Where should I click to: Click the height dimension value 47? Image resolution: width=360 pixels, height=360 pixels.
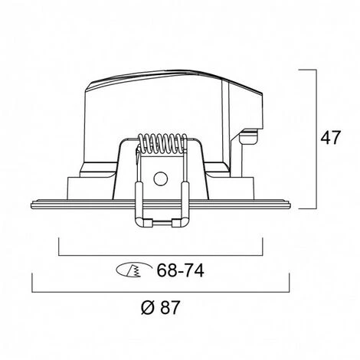(331, 138)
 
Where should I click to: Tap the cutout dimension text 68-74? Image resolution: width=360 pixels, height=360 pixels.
(180, 270)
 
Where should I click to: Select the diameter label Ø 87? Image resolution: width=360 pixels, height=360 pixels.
(161, 307)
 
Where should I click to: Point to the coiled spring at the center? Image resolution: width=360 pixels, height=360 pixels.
(162, 143)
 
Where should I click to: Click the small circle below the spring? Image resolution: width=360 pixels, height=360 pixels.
(161, 178)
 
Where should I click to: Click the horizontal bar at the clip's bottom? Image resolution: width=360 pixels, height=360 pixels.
(162, 223)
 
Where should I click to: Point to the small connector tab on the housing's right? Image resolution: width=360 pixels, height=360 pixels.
(249, 136)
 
